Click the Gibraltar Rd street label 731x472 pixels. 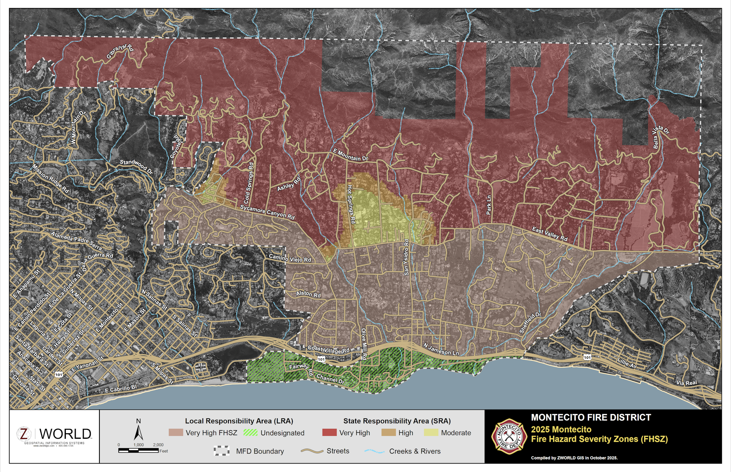tap(120, 51)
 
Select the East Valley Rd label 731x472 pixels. tap(550, 234)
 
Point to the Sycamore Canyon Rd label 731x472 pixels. tap(267, 212)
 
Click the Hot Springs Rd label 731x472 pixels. tap(351, 204)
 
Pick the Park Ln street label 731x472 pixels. tap(489, 205)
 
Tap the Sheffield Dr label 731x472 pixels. tap(530, 322)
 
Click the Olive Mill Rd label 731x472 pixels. tap(364, 344)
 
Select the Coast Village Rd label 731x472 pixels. tap(328, 350)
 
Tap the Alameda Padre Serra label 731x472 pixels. tap(76, 240)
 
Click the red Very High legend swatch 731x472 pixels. tap(329, 433)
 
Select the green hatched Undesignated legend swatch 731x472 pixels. tap(250, 433)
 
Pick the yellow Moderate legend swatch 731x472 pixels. tap(431, 433)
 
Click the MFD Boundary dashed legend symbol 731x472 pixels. tap(222, 451)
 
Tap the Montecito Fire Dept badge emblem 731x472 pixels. tap(509, 437)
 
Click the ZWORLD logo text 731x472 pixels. tap(65, 434)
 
